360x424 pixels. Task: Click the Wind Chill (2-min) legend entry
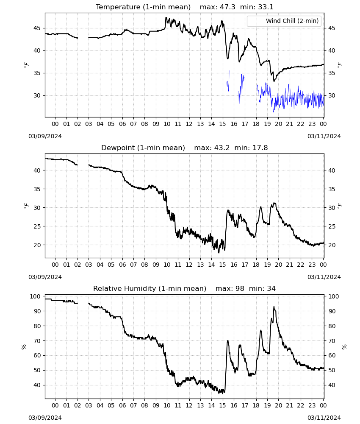[x=284, y=21]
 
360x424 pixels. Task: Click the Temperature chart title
[x=185, y=7]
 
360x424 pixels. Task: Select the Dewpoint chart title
[x=185, y=148]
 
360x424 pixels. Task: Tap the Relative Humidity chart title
[x=185, y=288]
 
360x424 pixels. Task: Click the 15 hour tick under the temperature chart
[x=222, y=124]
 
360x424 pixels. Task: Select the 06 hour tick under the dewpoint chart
[x=122, y=265]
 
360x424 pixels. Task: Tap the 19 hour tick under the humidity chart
[x=267, y=405]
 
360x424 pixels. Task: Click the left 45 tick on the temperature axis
[x=37, y=28]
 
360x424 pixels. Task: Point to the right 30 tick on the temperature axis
[x=332, y=95]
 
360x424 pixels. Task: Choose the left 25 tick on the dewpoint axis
[x=37, y=226]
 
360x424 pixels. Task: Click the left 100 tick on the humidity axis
[x=35, y=296]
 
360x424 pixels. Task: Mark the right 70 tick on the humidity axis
[x=332, y=341]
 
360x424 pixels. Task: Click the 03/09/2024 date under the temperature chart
[x=45, y=136]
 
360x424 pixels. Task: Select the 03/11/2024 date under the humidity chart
[x=324, y=418]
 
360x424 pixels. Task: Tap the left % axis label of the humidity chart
[x=24, y=347]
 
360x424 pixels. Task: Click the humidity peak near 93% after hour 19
[x=274, y=307]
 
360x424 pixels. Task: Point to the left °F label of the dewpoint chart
[x=26, y=206]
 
